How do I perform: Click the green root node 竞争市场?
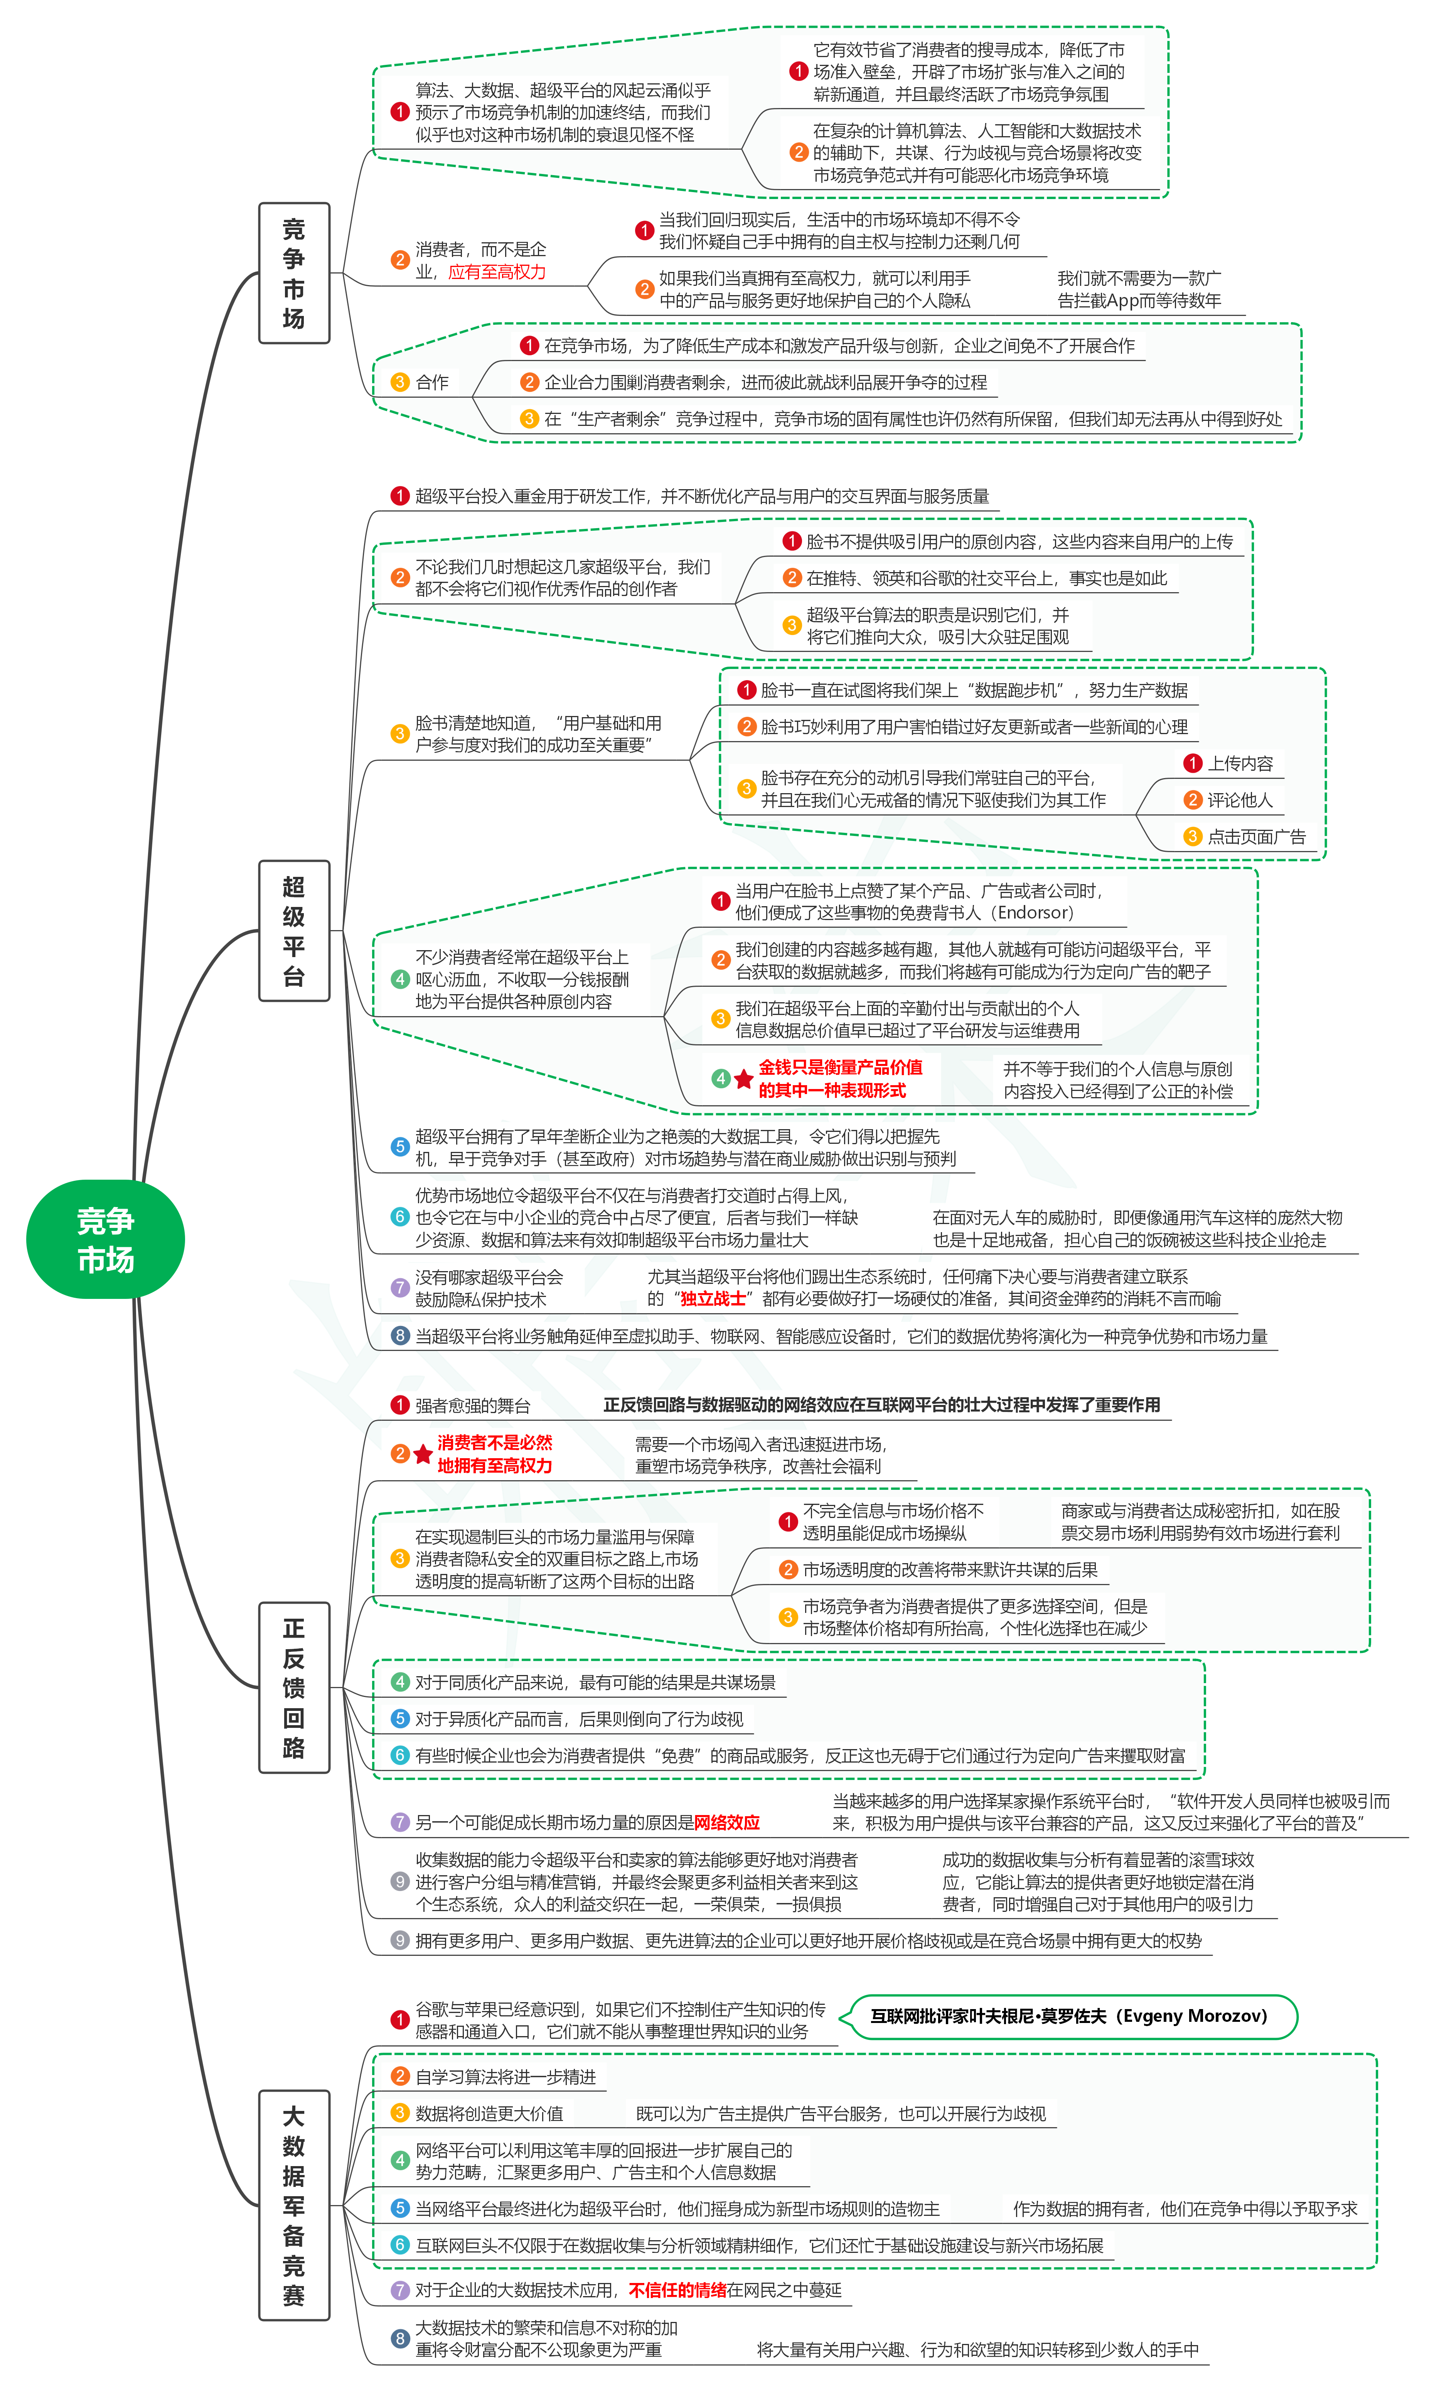pyautogui.click(x=105, y=1239)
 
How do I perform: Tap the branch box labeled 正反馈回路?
pyautogui.click(x=294, y=1687)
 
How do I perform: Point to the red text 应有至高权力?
pyautogui.click(x=497, y=272)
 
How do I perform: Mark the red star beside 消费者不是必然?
pyautogui.click(x=422, y=1454)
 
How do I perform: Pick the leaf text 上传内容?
pyautogui.click(x=1241, y=763)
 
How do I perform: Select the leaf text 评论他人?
pyautogui.click(x=1241, y=800)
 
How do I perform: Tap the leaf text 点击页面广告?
pyautogui.click(x=1256, y=837)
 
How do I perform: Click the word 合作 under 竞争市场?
pyautogui.click(x=432, y=383)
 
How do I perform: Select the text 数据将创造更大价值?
pyautogui.click(x=489, y=2114)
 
